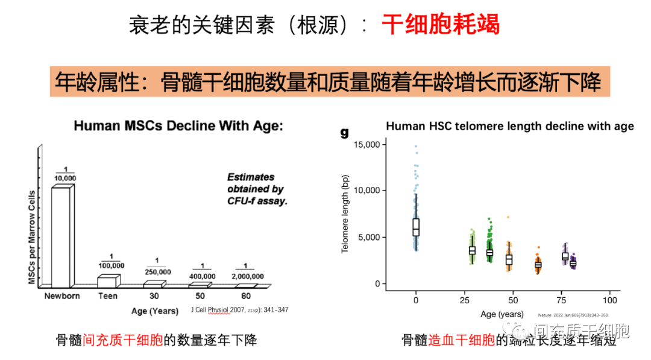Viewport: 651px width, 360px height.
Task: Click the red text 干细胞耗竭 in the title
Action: (x=441, y=25)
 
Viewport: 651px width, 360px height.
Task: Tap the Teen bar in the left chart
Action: (x=108, y=281)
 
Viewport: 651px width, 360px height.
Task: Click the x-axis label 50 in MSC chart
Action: (x=200, y=296)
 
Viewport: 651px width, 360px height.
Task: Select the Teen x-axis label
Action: (x=108, y=296)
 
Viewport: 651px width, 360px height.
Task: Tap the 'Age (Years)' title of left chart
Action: (x=155, y=311)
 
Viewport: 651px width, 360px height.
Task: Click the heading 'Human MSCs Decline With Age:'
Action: (x=178, y=126)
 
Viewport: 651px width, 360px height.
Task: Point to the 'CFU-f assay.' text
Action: (x=257, y=201)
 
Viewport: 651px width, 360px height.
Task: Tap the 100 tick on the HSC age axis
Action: (x=609, y=300)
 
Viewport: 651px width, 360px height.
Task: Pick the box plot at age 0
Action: (x=416, y=227)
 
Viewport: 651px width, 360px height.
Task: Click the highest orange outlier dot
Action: (x=508, y=216)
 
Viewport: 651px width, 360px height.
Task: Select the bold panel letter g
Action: (x=345, y=132)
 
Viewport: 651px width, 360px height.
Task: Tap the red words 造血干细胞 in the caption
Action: (x=462, y=340)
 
